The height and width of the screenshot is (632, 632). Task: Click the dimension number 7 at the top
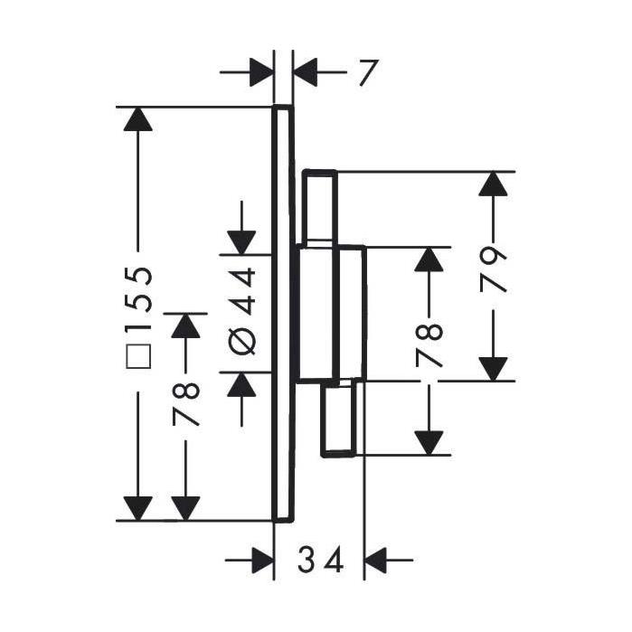point(369,73)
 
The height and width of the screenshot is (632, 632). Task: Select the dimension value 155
point(138,298)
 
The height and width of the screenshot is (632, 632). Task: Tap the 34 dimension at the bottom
point(321,560)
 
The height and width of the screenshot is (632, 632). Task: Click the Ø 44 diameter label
point(241,311)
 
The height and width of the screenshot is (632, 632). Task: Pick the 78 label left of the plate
point(186,404)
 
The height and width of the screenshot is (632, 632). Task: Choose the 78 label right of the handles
point(429,345)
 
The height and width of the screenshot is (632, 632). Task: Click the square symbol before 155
point(138,356)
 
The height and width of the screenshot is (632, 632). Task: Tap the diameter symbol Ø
point(241,341)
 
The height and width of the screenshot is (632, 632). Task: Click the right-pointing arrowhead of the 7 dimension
point(261,72)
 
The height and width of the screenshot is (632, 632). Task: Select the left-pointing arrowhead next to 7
point(306,72)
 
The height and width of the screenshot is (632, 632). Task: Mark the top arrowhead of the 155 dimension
point(138,119)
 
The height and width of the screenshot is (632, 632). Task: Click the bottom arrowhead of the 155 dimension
point(138,508)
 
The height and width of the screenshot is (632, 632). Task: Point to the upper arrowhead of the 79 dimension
point(493,184)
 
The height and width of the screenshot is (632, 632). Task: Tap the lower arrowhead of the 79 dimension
point(493,369)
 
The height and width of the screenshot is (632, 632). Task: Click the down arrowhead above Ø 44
point(241,242)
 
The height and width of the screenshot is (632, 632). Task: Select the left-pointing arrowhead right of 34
point(375,560)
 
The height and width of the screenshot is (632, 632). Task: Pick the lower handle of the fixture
point(338,420)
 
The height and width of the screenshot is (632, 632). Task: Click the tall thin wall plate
point(283,314)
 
